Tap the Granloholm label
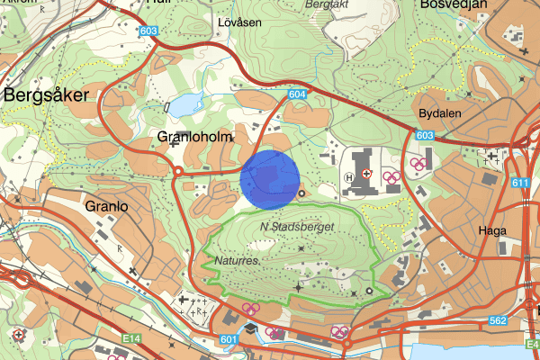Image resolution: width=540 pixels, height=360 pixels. [x=195, y=137]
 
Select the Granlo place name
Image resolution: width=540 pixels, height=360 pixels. [x=107, y=206]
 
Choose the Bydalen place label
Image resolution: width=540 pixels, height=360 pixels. [x=439, y=114]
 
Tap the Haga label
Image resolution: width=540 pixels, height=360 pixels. [x=493, y=230]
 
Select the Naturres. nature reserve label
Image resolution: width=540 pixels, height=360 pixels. [x=238, y=260]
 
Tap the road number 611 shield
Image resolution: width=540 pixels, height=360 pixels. [x=520, y=183]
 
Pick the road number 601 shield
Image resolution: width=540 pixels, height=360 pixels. [x=228, y=339]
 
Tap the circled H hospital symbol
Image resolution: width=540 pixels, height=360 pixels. [x=349, y=177]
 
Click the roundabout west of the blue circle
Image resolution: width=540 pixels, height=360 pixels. [x=178, y=171]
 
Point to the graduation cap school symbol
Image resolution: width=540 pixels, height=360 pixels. [x=249, y=327]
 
